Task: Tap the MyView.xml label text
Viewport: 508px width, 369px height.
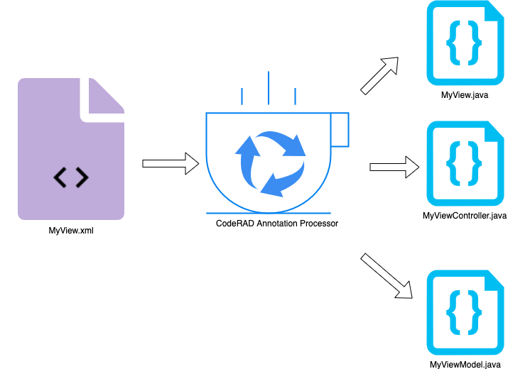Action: [x=71, y=230]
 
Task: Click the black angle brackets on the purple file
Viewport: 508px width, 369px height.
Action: [x=71, y=178]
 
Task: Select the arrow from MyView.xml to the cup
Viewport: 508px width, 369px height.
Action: [x=171, y=163]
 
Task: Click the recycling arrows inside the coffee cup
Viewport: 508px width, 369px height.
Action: [x=269, y=163]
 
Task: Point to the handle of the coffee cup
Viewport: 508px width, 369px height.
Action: [x=340, y=129]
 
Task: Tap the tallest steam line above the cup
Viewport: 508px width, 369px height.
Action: [x=269, y=87]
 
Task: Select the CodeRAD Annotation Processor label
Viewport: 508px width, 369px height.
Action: [x=277, y=224]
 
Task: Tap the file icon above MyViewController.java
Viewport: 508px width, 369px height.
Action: [x=465, y=163]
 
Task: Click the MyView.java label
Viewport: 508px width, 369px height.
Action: [x=465, y=95]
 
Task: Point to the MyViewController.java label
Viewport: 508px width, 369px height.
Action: [x=465, y=215]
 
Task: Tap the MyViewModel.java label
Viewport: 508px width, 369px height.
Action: [x=465, y=363]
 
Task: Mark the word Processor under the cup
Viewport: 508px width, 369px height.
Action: [x=319, y=224]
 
